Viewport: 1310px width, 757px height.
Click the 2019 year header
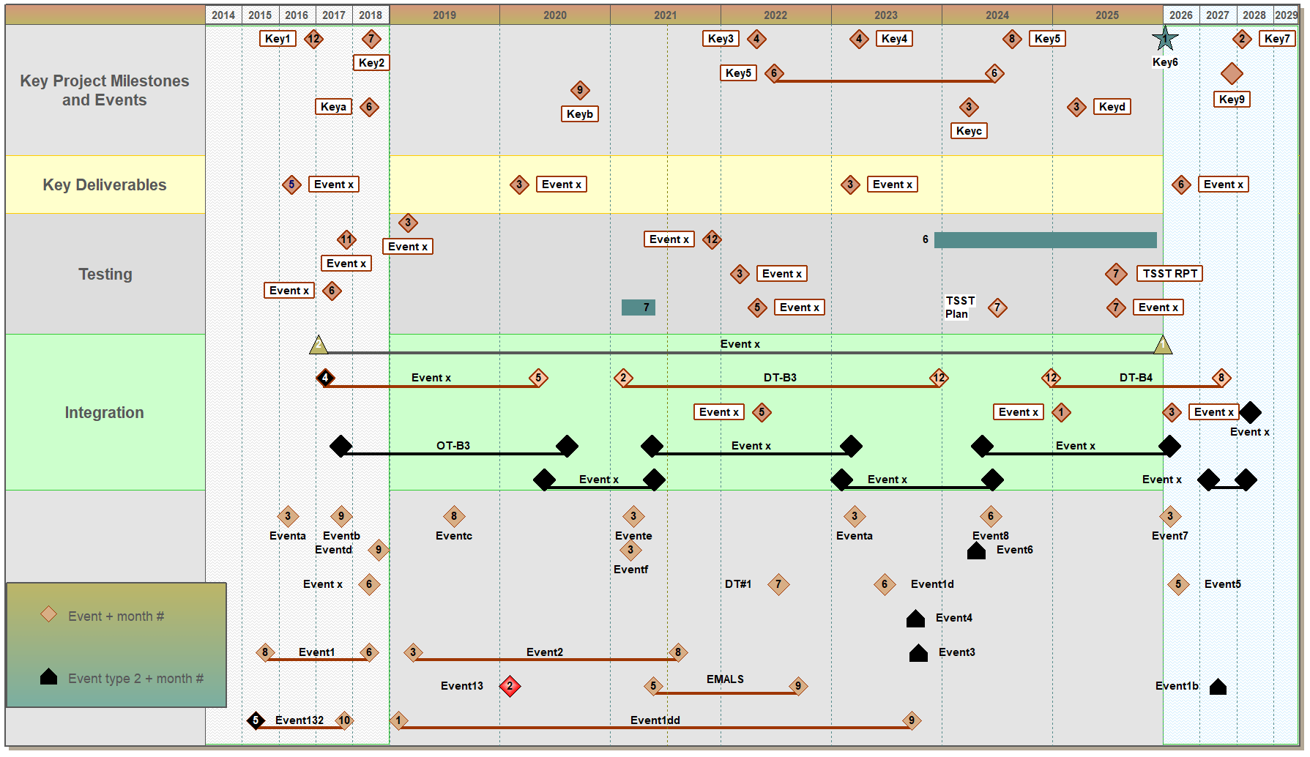coord(444,15)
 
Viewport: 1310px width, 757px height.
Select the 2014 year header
coord(223,15)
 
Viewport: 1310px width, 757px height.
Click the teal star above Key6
coord(1164,39)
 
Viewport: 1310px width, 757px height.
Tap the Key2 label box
coord(371,63)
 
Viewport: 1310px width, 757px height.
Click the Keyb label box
coord(579,114)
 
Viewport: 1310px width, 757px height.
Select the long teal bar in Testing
coord(1045,240)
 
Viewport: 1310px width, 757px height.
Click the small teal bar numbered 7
coord(638,307)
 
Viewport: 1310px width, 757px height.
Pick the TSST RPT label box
coord(1169,274)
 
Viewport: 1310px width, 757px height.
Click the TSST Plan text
coord(959,307)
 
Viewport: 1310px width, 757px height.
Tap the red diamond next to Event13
coord(510,686)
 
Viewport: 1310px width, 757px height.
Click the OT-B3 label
coord(453,446)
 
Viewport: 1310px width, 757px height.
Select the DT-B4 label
coord(1135,378)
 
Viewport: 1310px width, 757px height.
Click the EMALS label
coord(725,679)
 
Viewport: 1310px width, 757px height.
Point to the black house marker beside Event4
coord(915,619)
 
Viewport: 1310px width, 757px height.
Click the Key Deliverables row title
coord(105,185)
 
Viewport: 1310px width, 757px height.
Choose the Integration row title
coord(105,413)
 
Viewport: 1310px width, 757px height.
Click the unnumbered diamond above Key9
coord(1232,74)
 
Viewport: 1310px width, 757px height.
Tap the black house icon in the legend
coord(48,677)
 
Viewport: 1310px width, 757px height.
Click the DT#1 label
coord(738,584)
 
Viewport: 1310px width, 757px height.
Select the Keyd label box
coord(1112,107)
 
